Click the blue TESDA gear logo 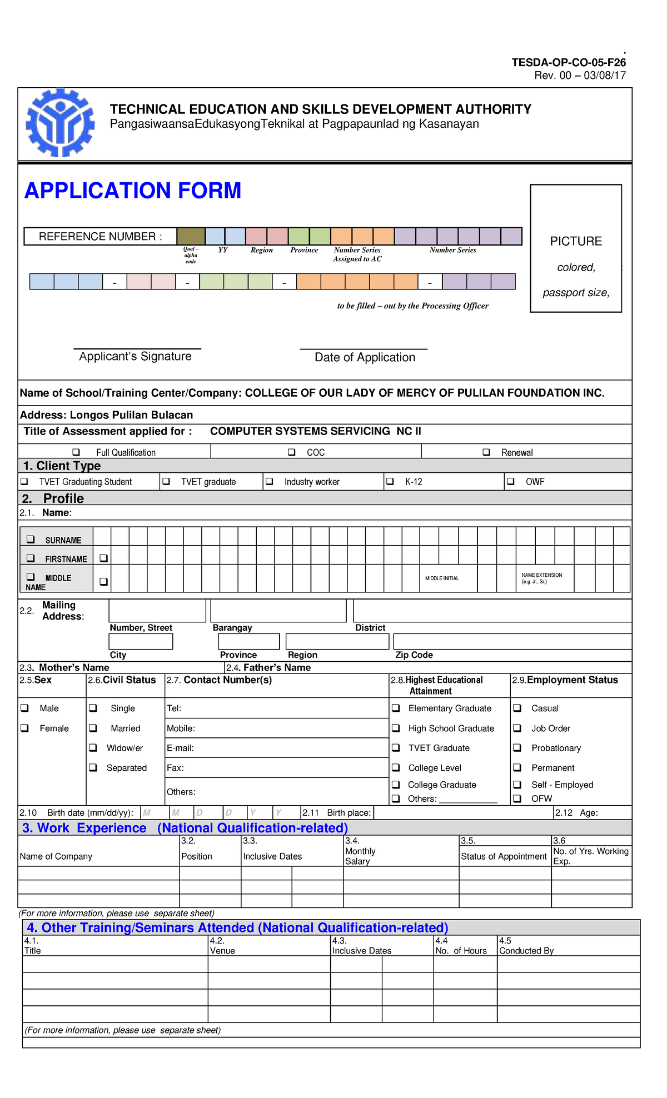point(60,123)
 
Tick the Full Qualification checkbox point(77,452)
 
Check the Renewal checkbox point(486,452)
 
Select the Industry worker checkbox point(269,481)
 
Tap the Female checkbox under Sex point(24,728)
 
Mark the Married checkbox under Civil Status point(93,728)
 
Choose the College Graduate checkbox point(396,785)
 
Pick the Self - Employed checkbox point(517,785)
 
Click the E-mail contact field point(276,748)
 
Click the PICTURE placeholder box point(576,248)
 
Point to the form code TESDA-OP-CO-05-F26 point(569,62)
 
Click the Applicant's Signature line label point(135,357)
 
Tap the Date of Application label point(365,357)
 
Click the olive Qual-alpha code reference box point(191,236)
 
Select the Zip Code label point(414,655)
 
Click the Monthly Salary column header point(360,856)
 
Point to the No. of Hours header point(461,951)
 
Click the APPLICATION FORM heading point(133,191)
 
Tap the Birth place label point(349,812)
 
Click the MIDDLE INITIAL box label point(442,578)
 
